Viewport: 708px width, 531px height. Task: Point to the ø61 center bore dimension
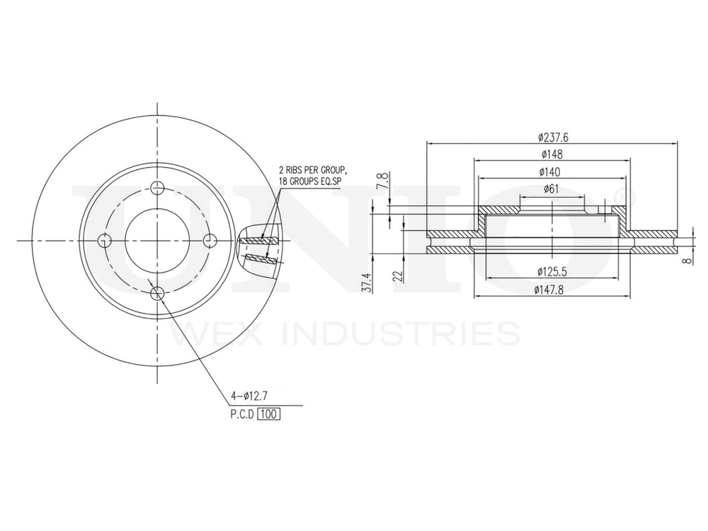[552, 188]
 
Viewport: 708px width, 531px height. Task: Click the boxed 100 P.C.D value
[269, 414]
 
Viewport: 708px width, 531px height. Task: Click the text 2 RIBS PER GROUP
[312, 171]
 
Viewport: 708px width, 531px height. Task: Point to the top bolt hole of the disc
[157, 188]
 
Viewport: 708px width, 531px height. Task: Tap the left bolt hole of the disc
[105, 240]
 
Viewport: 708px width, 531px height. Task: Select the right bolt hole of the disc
[210, 240]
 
